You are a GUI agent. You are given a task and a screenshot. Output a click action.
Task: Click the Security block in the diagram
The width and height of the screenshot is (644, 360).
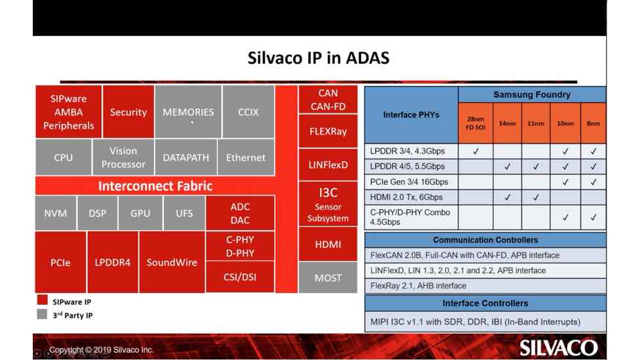[128, 111]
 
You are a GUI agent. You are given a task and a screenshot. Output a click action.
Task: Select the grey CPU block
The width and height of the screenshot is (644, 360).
[63, 157]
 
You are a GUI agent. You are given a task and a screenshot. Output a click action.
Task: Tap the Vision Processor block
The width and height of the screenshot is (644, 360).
[123, 157]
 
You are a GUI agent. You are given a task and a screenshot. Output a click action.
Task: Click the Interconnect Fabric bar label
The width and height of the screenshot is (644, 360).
[155, 186]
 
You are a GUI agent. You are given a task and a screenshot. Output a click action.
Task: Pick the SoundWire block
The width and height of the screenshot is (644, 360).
[172, 262]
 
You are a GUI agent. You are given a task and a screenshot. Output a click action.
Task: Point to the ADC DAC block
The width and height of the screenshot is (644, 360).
[240, 213]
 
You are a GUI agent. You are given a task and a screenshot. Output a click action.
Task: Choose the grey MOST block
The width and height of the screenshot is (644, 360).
[328, 278]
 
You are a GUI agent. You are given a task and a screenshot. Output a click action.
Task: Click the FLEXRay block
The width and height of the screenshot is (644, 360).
[328, 131]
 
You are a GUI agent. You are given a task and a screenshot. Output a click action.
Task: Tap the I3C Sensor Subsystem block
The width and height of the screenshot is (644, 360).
[328, 205]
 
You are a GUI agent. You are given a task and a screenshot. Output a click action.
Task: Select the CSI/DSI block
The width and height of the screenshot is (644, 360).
[240, 277]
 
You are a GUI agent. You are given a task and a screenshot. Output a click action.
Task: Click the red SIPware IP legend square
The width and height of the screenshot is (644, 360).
[43, 300]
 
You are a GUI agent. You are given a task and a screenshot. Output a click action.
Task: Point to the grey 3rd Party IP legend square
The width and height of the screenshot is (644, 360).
[43, 314]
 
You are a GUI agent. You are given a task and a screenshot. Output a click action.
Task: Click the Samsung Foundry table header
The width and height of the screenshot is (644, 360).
[532, 94]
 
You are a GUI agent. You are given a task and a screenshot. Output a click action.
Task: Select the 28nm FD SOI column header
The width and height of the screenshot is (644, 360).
[475, 123]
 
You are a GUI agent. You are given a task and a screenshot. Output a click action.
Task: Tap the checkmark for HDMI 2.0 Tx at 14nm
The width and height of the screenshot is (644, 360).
[507, 197]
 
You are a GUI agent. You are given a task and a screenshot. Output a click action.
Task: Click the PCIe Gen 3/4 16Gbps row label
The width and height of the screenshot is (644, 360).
[409, 182]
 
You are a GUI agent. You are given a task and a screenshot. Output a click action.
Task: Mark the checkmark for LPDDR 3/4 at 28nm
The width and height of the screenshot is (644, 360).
[475, 151]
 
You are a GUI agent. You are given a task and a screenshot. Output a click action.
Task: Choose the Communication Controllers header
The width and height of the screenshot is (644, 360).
[485, 240]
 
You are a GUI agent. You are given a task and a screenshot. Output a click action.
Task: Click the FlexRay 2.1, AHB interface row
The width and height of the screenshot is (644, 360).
[418, 286]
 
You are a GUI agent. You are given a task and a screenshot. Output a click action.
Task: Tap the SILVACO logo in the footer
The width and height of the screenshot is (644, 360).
[558, 348]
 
